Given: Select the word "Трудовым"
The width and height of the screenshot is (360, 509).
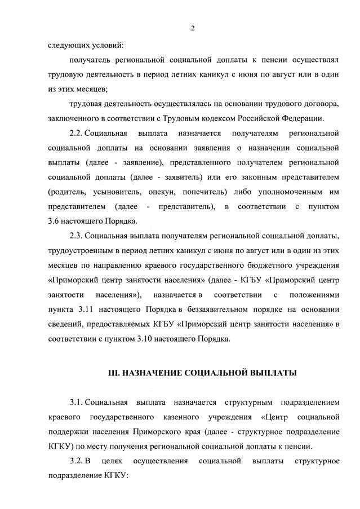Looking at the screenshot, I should (215, 118).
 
